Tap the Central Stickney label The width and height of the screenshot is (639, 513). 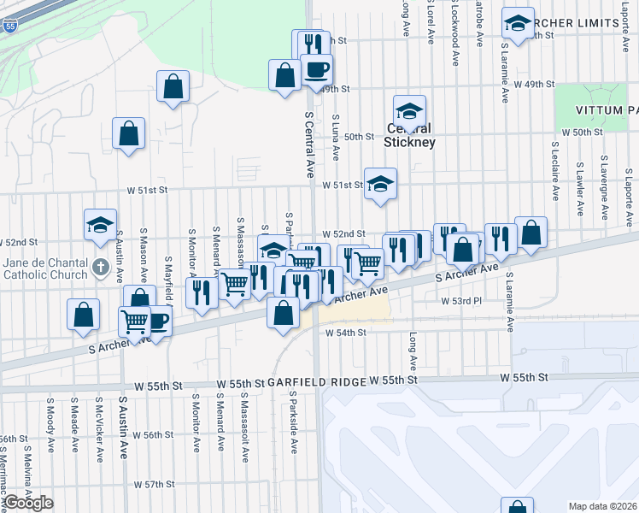[410, 136]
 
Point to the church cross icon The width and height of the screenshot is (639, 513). [101, 268]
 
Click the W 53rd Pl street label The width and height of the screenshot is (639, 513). [462, 302]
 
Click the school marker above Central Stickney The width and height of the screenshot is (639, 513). [409, 110]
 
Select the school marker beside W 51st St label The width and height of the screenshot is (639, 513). [380, 183]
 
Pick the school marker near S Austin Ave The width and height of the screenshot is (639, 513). [100, 225]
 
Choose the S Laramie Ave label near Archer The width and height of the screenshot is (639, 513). [510, 302]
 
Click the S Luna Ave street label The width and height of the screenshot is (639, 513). [336, 138]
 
